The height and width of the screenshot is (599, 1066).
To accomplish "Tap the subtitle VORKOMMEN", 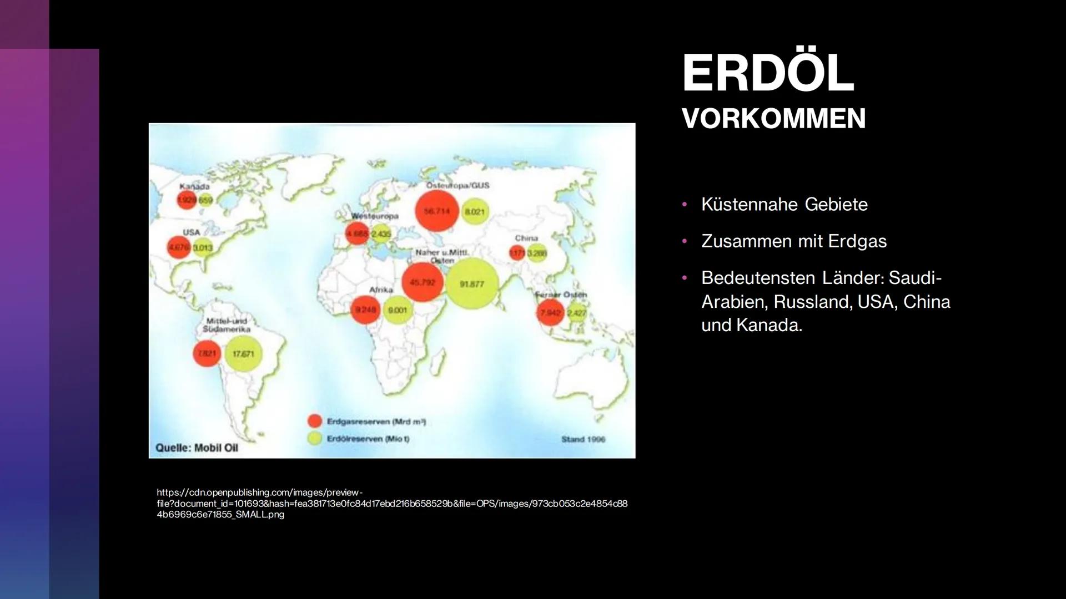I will point(773,119).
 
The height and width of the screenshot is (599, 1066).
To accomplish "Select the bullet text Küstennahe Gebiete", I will point(784,204).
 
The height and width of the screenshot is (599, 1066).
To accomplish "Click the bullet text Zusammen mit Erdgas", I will point(794,241).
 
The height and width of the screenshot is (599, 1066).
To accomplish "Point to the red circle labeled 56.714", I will point(437,211).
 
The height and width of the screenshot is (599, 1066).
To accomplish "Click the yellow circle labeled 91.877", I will point(472,284).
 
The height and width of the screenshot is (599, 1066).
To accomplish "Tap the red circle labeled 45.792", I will point(423,282).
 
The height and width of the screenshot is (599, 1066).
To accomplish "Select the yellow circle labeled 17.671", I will point(243,354).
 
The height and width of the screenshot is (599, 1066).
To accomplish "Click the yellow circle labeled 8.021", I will point(475,211).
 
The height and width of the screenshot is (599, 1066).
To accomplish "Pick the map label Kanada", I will point(194,186).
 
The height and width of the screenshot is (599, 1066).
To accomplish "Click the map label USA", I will point(191,232).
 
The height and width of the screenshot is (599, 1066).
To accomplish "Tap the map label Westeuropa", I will point(375,216).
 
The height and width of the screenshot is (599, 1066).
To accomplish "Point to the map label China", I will point(526,238).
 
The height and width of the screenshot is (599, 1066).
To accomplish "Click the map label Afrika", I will point(381,290).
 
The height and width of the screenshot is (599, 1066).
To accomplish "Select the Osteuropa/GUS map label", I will point(458,185).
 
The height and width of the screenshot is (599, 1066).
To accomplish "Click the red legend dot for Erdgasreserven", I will point(315,421).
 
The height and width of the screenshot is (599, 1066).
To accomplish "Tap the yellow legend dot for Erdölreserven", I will point(315,438).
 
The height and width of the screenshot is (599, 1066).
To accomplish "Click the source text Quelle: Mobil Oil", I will point(197,448).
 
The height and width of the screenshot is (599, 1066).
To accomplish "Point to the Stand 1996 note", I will point(583,439).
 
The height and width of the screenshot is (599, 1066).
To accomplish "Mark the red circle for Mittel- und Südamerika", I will point(207,353).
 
